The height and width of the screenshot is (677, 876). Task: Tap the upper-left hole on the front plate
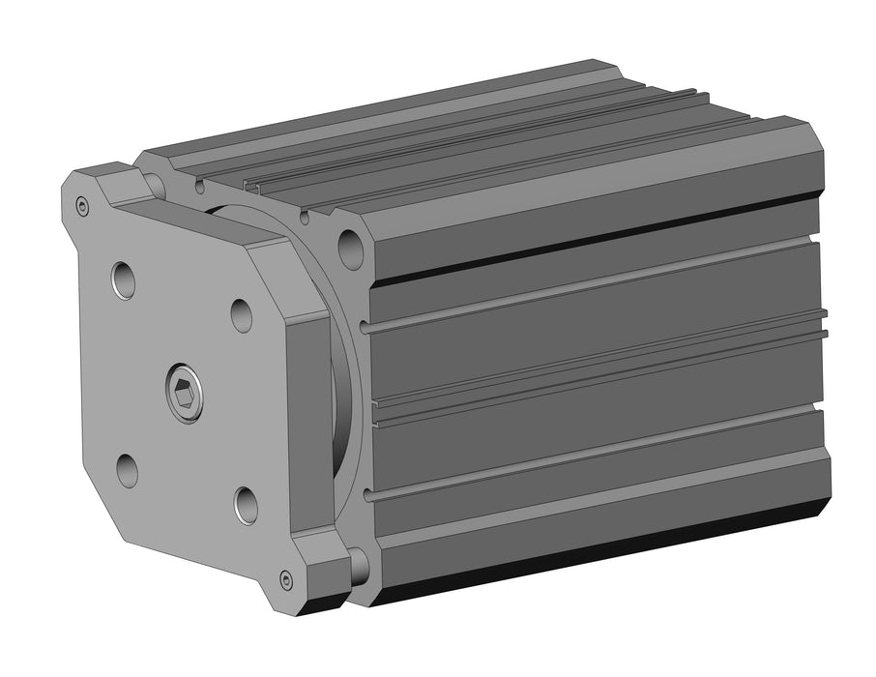click(123, 280)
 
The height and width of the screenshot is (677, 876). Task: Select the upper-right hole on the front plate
click(242, 314)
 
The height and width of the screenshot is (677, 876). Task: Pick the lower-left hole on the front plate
click(128, 470)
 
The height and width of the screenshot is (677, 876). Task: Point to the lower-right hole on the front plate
click(246, 505)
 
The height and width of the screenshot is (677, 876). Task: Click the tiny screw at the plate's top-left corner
click(82, 205)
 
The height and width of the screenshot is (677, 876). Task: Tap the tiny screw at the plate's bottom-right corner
click(286, 579)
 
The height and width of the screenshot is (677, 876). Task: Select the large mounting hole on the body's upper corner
click(351, 250)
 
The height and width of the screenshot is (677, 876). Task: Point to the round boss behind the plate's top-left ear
click(154, 184)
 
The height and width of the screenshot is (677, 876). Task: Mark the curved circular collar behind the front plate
click(343, 387)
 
